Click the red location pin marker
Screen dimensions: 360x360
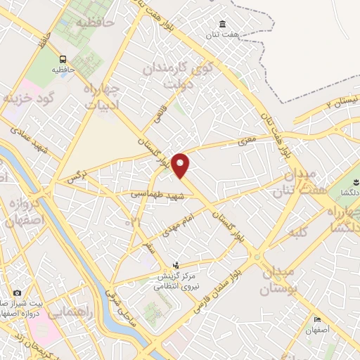click(181, 165)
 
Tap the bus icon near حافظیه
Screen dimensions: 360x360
click(63, 59)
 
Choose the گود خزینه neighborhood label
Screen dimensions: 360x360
click(28, 98)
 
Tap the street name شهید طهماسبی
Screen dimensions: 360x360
click(157, 193)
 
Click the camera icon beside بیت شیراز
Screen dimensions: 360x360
click(17, 292)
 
